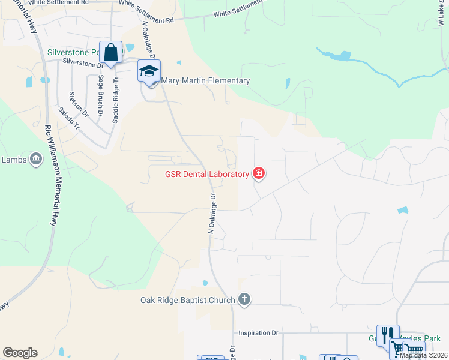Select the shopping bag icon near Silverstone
point(111,52)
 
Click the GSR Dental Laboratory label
point(207,175)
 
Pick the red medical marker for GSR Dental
point(259,174)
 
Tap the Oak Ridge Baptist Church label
point(188,300)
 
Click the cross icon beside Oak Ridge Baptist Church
point(244,299)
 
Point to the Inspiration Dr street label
point(259,332)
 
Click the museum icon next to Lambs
point(36,159)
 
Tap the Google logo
point(20,353)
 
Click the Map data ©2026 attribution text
point(423,355)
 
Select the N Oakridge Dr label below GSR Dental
point(212,214)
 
